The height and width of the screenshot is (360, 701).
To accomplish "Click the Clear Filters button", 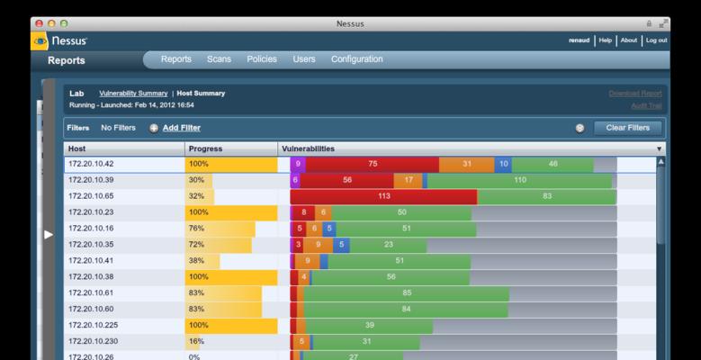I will pos(627,128).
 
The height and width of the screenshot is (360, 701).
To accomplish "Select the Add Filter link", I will pos(181,128).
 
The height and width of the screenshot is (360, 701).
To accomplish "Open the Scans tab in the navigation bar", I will pos(219,59).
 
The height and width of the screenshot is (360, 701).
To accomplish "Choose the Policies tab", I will pos(262,59).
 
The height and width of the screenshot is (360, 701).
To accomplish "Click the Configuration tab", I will pos(356,59).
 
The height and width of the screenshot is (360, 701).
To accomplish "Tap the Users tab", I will pos(304,59).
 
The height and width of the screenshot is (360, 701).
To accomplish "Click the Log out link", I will pos(656,40).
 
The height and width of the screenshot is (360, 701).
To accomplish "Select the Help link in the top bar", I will pos(606,40).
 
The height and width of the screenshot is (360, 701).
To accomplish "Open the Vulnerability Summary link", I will pos(133,93).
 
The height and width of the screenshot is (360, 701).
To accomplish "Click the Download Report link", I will pos(634,93).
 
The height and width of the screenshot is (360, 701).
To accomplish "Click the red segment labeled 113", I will pos(383,196).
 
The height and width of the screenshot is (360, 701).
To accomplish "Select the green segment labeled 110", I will pos(519,180).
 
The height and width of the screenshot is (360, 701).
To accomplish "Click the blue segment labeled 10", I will pos(503,165).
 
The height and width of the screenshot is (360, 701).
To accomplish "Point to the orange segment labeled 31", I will pos(467,165).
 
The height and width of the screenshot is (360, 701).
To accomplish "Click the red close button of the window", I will pos(38,22).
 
